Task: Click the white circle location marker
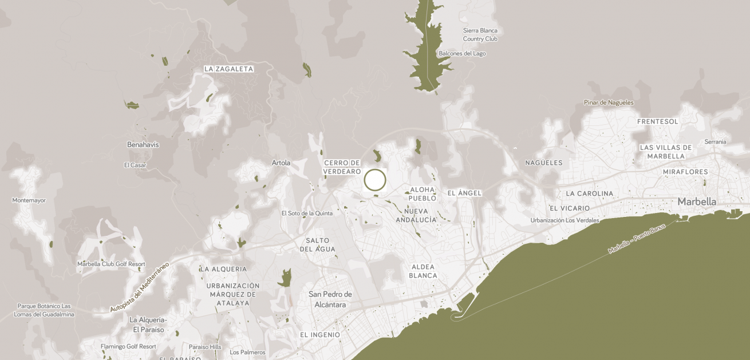pyautogui.click(x=375, y=180)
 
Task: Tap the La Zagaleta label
pyautogui.click(x=228, y=69)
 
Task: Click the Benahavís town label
pyautogui.click(x=143, y=145)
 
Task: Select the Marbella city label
pyautogui.click(x=697, y=201)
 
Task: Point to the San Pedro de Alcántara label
pyautogui.click(x=330, y=299)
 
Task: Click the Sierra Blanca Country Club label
pyautogui.click(x=480, y=34)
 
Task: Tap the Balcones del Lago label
pyautogui.click(x=462, y=53)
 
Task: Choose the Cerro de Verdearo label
pyautogui.click(x=342, y=167)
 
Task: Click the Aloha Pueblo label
pyautogui.click(x=423, y=193)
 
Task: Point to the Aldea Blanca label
pyautogui.click(x=423, y=271)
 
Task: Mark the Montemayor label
pyautogui.click(x=29, y=200)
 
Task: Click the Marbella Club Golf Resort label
pyautogui.click(x=111, y=264)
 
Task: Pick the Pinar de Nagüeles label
pyautogui.click(x=609, y=102)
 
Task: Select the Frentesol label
pyautogui.click(x=657, y=121)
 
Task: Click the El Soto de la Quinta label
pyautogui.click(x=307, y=213)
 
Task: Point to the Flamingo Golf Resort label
pyautogui.click(x=128, y=346)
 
